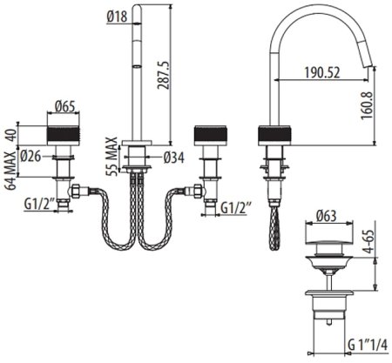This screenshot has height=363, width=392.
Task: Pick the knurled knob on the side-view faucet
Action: [x=274, y=135]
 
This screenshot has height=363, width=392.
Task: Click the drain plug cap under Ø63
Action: [x=327, y=238]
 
